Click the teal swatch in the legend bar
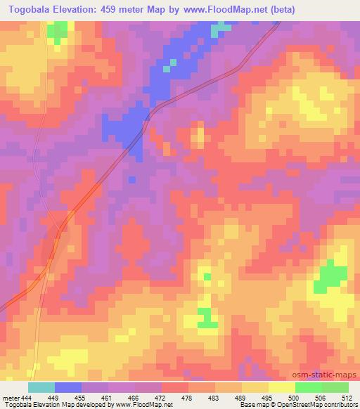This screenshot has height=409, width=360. (x=41, y=388)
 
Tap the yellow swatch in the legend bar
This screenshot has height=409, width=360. (x=282, y=388)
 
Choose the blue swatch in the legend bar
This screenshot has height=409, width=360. (x=68, y=388)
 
